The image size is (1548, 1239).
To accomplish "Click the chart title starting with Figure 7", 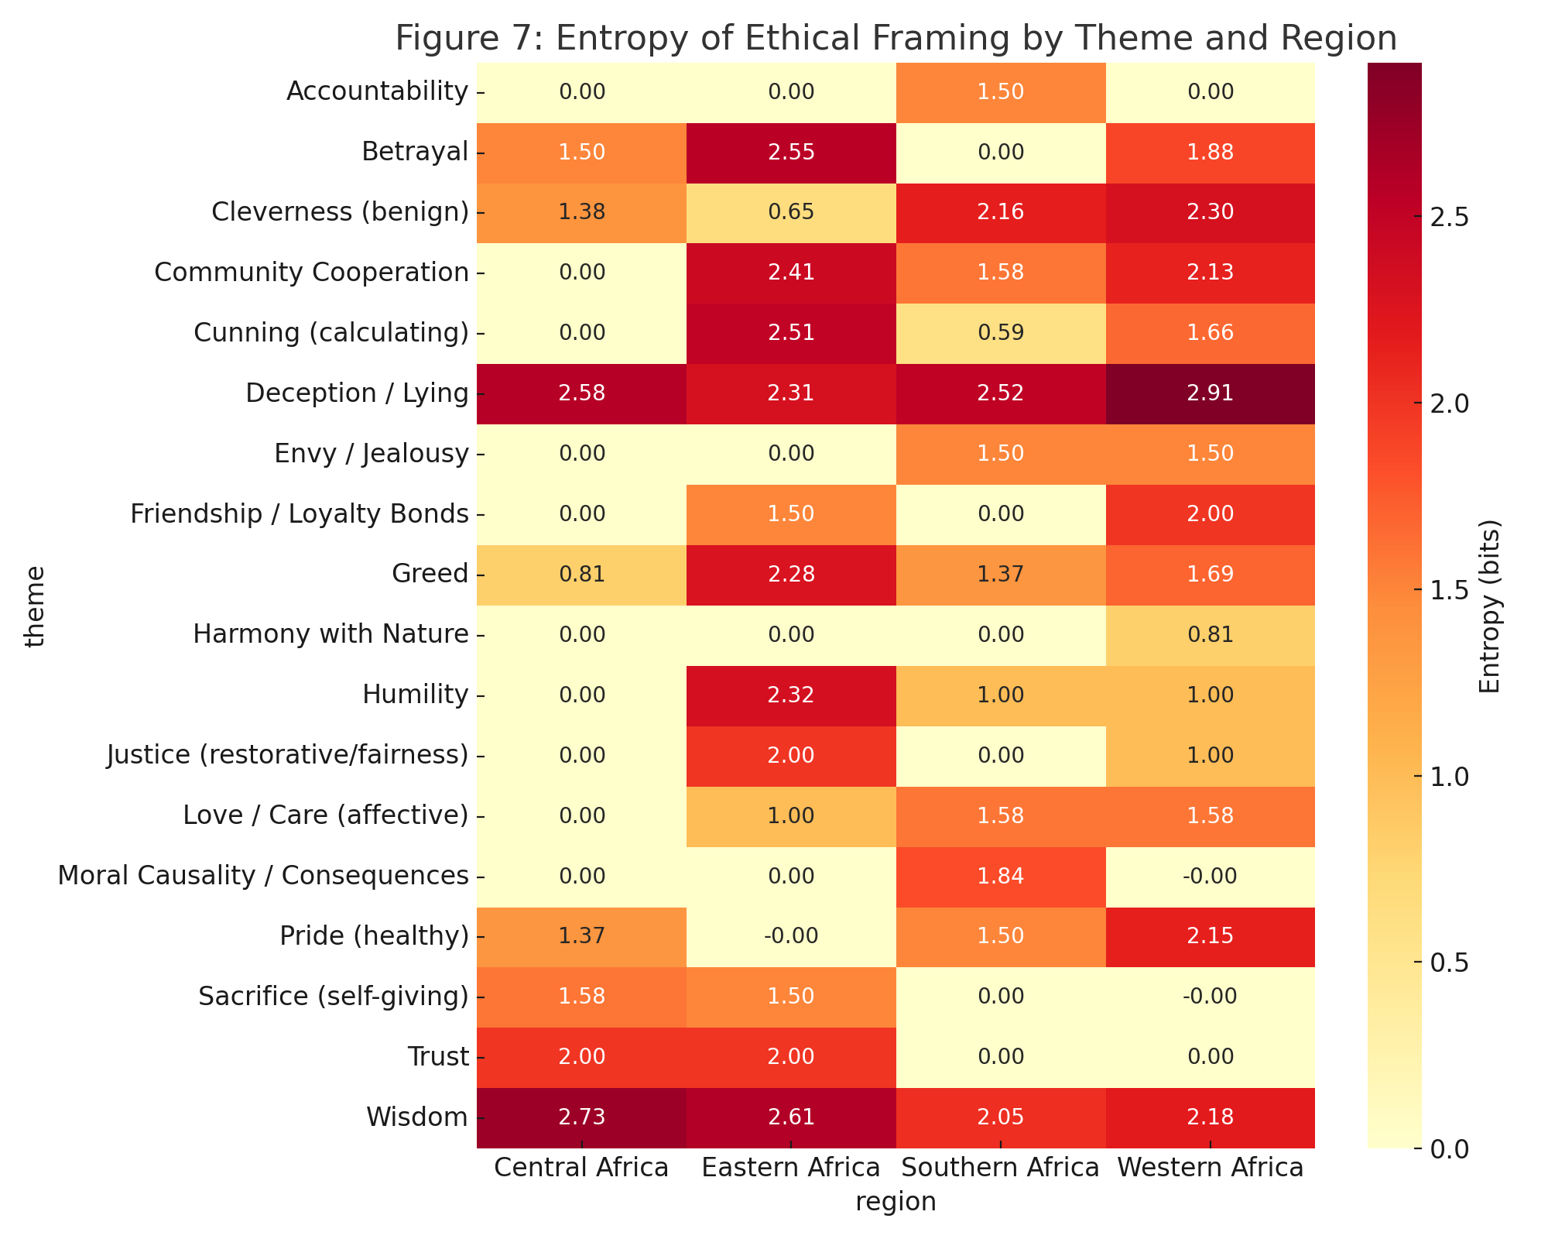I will [896, 39].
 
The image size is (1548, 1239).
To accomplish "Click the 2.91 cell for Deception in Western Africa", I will [1210, 393].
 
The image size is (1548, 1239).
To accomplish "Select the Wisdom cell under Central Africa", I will [581, 1117].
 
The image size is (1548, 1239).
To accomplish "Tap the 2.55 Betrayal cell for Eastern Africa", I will [791, 153].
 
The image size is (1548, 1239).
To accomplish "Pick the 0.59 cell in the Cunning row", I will [1000, 333].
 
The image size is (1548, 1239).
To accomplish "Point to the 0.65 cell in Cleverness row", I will [791, 213].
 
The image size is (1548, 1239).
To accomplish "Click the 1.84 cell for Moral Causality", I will [1000, 876].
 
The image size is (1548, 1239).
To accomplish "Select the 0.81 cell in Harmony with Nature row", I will [1210, 635].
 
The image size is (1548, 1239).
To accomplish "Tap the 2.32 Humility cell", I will [791, 695].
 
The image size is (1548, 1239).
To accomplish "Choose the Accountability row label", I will [377, 91].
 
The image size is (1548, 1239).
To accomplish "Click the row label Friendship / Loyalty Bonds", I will [300, 514].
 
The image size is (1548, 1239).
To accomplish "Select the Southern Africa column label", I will [1000, 1167].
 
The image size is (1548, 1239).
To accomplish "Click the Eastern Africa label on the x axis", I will [791, 1167].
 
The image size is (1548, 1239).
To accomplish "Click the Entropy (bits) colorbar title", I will [1490, 606].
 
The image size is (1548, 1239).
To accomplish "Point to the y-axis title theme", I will [35, 606].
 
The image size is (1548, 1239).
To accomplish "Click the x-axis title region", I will [896, 1201].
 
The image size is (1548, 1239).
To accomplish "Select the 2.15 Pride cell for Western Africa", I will [1210, 936].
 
